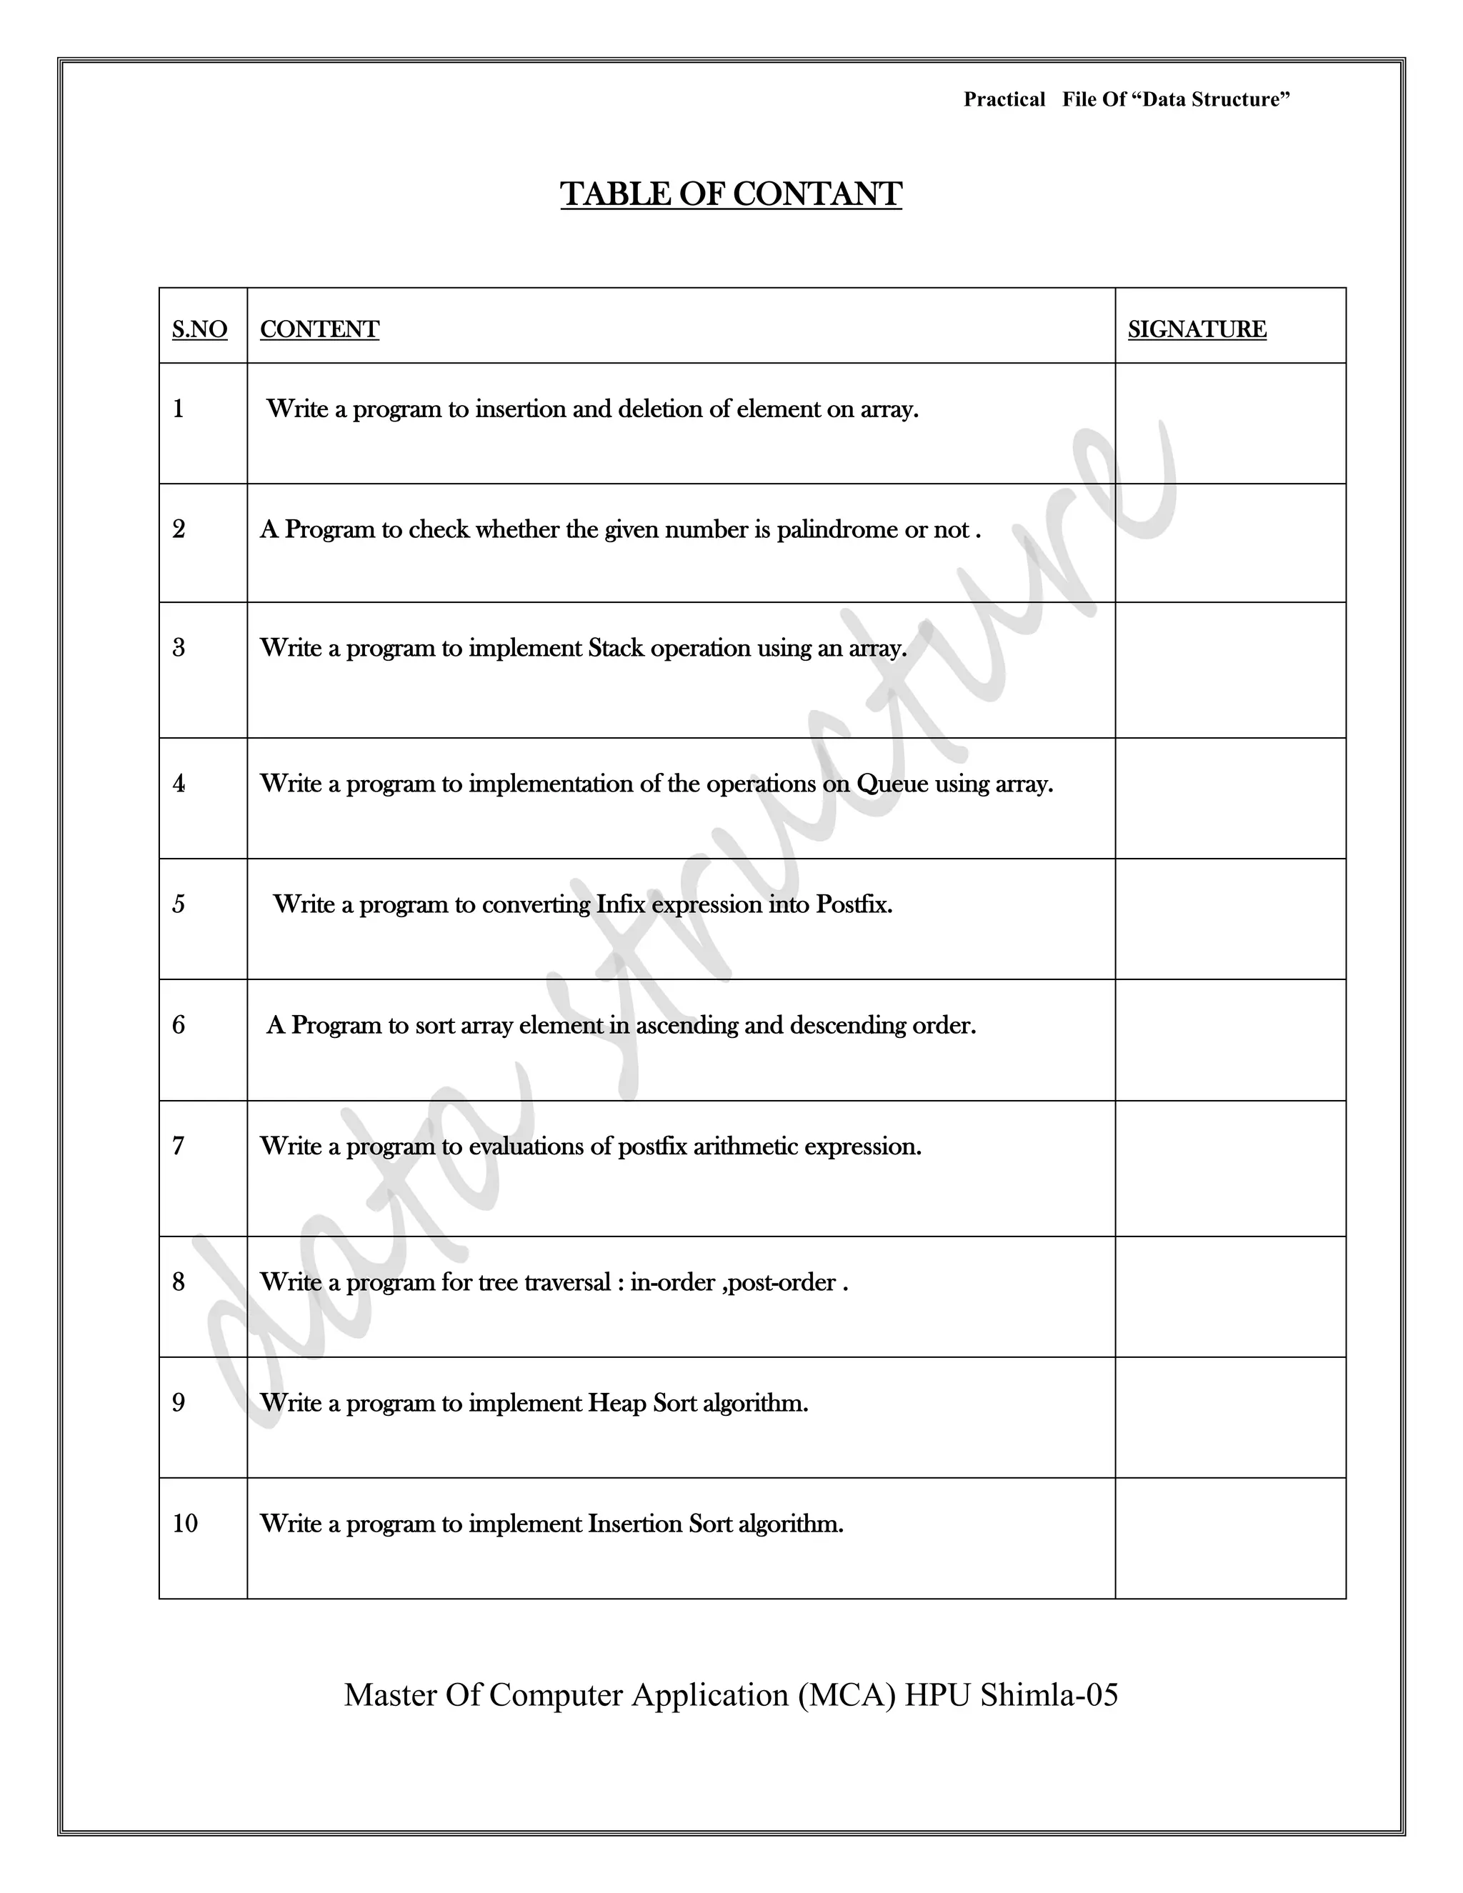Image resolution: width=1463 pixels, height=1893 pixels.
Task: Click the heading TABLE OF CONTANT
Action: tap(731, 194)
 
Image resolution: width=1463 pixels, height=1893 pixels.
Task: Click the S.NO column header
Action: tap(199, 329)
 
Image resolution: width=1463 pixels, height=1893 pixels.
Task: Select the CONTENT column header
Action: tap(319, 329)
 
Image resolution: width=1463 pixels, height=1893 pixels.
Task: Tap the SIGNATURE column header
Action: tap(1196, 329)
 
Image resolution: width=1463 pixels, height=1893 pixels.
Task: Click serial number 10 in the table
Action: tap(184, 1524)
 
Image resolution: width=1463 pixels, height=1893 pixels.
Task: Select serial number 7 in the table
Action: tap(179, 1147)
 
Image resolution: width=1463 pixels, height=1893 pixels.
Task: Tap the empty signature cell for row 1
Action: tap(1230, 423)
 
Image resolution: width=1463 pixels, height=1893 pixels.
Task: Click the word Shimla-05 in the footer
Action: tap(1049, 1694)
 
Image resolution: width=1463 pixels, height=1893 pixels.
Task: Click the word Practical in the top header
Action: tap(1004, 100)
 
